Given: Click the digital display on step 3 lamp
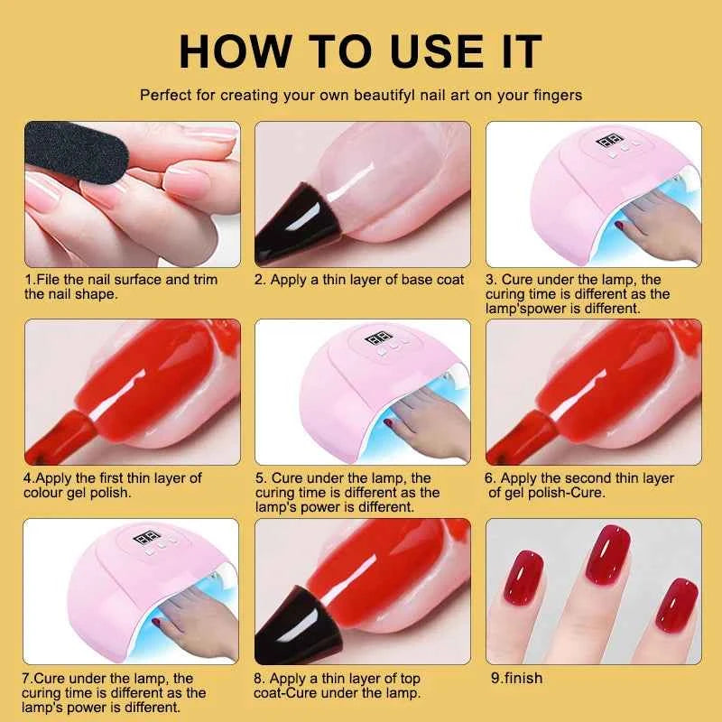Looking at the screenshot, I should tap(614, 142).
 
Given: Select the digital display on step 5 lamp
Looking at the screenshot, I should tap(377, 344).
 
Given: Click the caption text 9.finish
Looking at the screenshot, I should tap(514, 677).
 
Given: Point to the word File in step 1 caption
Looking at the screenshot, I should tap(51, 280).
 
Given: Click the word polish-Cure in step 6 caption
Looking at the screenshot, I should tap(579, 493).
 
